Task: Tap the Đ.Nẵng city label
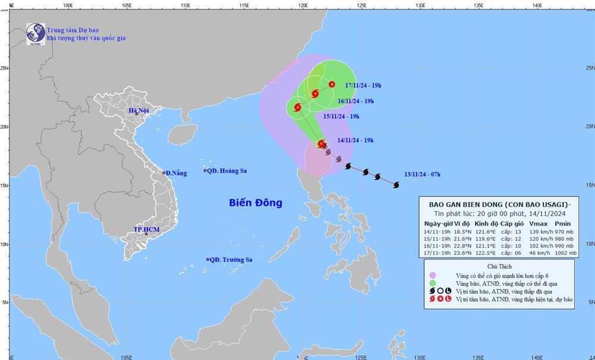(x=176, y=173)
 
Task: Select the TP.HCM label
(x=145, y=229)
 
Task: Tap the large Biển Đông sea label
(x=255, y=203)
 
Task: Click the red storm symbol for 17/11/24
(x=331, y=84)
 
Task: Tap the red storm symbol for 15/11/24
(x=297, y=107)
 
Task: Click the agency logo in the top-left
(x=35, y=33)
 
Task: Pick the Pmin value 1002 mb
(x=565, y=253)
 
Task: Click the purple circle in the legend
(x=433, y=275)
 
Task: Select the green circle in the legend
(x=433, y=283)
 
